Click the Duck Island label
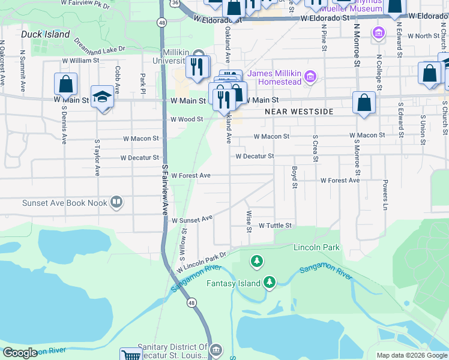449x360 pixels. [45, 34]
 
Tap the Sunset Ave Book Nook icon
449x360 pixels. [116, 203]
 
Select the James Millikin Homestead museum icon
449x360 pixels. [310, 76]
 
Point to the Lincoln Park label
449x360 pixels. [316, 247]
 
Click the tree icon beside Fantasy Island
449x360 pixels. [270, 283]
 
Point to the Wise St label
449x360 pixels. [249, 221]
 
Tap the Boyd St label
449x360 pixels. [295, 177]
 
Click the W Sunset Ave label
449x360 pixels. [192, 220]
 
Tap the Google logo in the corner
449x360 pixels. [20, 353]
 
